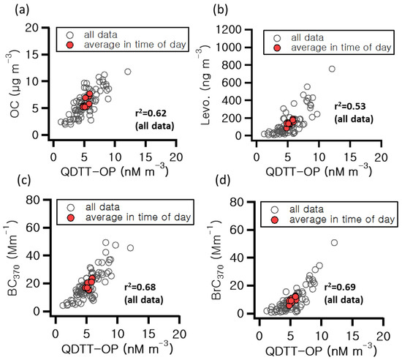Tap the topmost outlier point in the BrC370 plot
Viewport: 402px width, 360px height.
click(x=334, y=242)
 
